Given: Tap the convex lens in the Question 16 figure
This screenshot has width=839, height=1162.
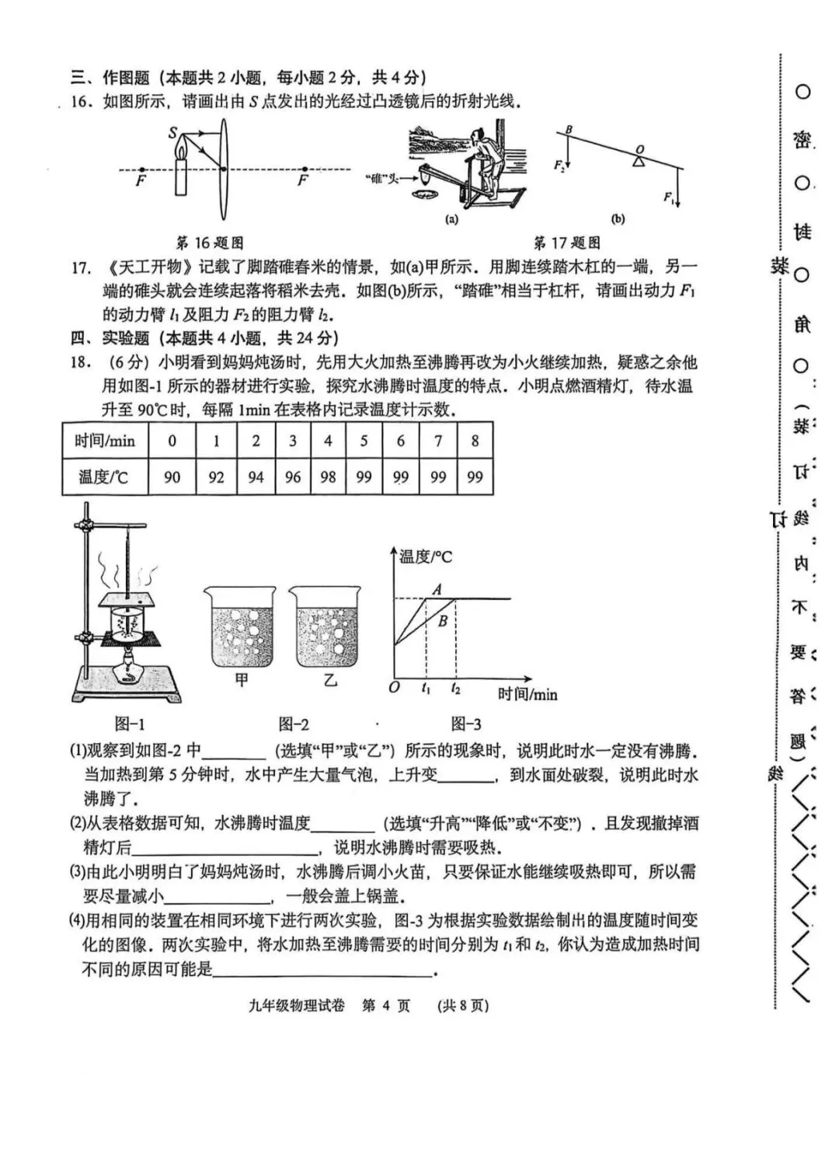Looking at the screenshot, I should pos(223,169).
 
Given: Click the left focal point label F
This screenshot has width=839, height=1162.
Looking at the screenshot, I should pos(141,181).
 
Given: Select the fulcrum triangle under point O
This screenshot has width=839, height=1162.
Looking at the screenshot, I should pos(638,161).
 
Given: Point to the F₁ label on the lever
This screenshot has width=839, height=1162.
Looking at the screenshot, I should pos(668,197).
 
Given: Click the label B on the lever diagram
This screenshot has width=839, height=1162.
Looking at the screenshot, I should pos(569,130).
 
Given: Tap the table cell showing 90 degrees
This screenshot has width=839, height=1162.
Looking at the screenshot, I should pos(172,476).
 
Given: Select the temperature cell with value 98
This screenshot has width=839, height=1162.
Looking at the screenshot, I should pos(328,476).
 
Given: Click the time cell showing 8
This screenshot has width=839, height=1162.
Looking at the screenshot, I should pos(475,441).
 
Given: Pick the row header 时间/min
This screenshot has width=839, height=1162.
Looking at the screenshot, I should pos(105,441).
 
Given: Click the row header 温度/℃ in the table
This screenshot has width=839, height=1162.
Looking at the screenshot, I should pos(103,476).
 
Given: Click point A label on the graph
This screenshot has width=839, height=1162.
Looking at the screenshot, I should pos(437,590).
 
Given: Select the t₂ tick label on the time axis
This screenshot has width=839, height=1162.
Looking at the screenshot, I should pos(455,689).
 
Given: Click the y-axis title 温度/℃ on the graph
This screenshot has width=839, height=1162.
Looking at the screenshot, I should pos(426,557).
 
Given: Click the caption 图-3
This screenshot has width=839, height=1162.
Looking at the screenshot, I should pos(466,724).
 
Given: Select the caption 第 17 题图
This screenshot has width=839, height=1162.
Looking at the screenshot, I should pos(567,243).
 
